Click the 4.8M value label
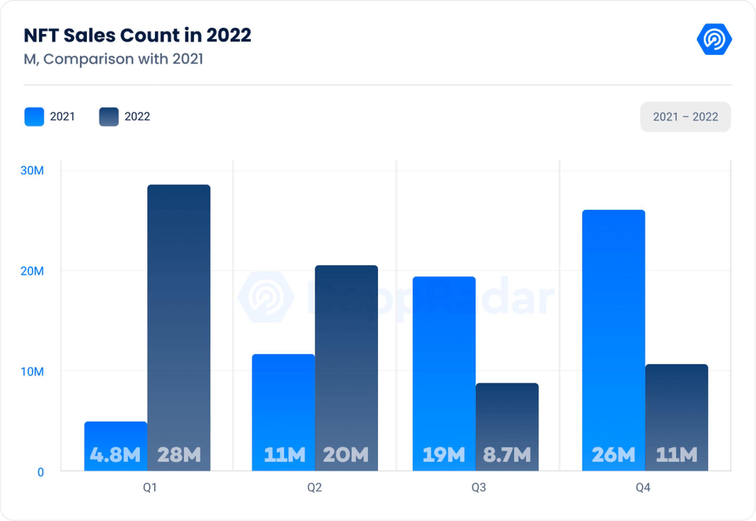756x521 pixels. (x=115, y=455)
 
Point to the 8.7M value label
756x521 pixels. (x=507, y=455)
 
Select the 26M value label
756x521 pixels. (x=613, y=455)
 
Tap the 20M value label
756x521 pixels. (x=346, y=455)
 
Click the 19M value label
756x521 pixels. (x=444, y=455)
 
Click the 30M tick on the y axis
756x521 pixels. (x=32, y=171)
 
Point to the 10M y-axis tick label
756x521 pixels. (x=32, y=372)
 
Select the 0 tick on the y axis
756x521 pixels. (x=41, y=472)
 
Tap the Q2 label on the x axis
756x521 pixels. (x=314, y=488)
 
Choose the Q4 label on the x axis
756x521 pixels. (x=643, y=488)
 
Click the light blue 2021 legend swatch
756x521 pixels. (x=34, y=117)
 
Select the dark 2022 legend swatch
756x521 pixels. (x=109, y=117)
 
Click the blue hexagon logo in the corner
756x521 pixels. (x=714, y=39)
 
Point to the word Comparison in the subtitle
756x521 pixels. (x=89, y=59)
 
